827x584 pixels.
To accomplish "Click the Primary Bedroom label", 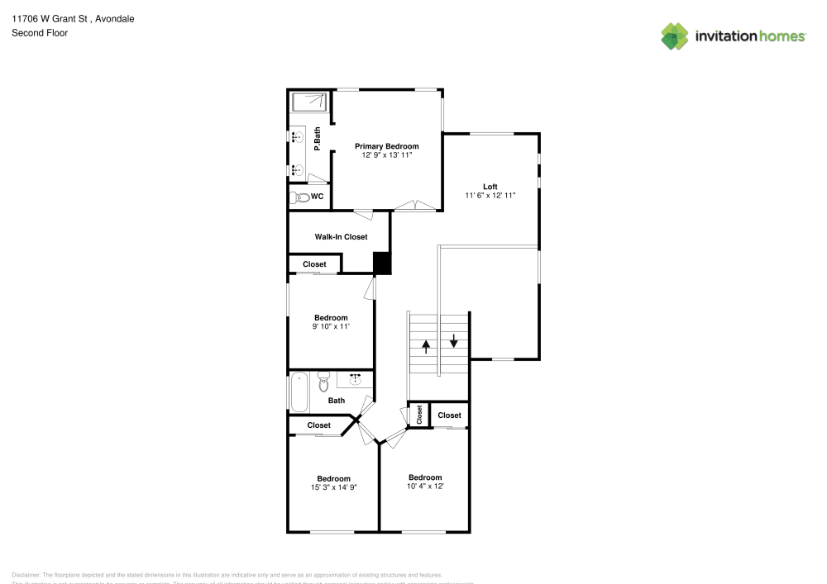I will tap(387, 146).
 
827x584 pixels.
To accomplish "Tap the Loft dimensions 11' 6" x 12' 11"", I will tap(490, 196).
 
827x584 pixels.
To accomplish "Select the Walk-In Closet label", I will tap(341, 237).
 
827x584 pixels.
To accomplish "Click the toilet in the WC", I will tap(299, 197).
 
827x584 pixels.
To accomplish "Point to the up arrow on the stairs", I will tap(426, 346).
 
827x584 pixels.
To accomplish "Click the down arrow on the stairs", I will tap(454, 339).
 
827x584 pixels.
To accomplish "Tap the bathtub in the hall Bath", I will tap(299, 393).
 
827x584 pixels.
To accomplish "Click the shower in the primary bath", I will tap(310, 102).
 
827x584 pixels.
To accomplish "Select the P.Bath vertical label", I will tap(317, 137).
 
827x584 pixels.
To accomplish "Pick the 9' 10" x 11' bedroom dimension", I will tap(331, 327).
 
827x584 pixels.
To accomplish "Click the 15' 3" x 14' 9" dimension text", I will tap(333, 487).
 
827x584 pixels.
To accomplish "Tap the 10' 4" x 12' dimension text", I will tap(425, 487).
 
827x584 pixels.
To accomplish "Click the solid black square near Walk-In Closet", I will tap(382, 263).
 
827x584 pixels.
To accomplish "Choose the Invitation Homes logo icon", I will tap(675, 36).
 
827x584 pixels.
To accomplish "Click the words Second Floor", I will tap(40, 33).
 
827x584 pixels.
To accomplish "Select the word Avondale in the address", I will tap(115, 18).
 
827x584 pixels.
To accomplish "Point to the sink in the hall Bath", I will tap(356, 379).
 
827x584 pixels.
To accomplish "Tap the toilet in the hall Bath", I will tap(323, 383).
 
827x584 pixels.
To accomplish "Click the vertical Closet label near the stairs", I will tap(419, 415).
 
